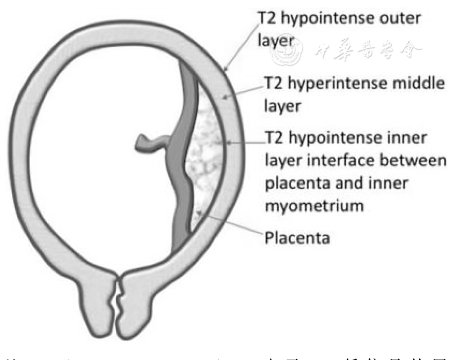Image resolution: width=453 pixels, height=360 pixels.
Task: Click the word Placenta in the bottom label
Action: point(297,237)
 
